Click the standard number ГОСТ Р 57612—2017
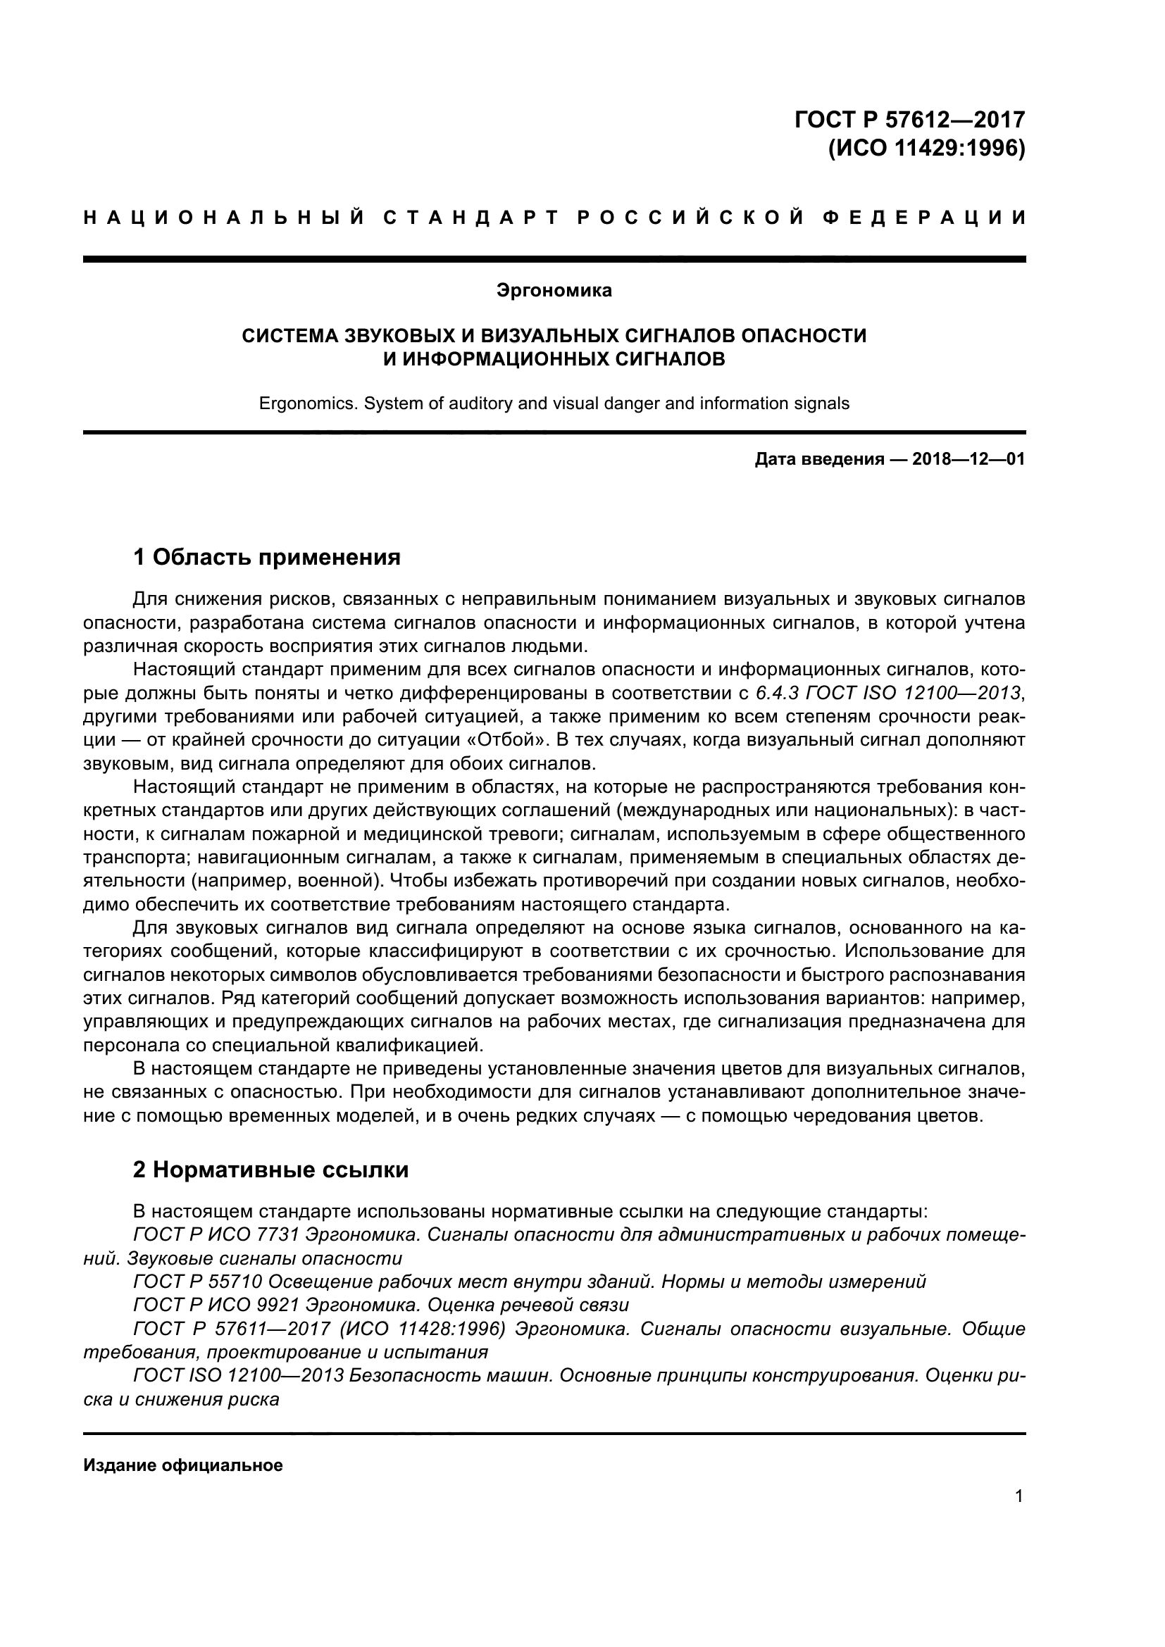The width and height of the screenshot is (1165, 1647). pyautogui.click(x=909, y=119)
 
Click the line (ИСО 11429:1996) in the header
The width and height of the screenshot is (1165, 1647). pyautogui.click(x=926, y=149)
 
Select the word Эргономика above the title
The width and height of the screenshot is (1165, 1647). pyautogui.click(x=554, y=291)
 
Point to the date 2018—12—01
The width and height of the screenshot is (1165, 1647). pyautogui.click(x=968, y=459)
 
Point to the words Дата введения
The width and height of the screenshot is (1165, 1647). pyautogui.click(x=818, y=459)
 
